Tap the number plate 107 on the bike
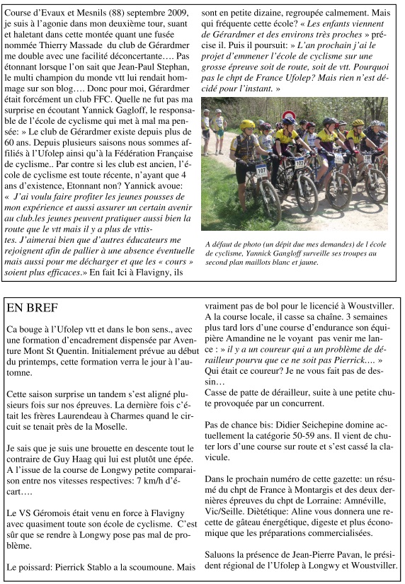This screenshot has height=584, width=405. pos(261,170)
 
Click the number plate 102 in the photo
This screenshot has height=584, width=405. pos(300,162)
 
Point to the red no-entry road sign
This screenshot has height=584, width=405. pos(288,116)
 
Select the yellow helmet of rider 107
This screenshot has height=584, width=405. pos(248,125)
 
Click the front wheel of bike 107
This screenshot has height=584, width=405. pos(269,201)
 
